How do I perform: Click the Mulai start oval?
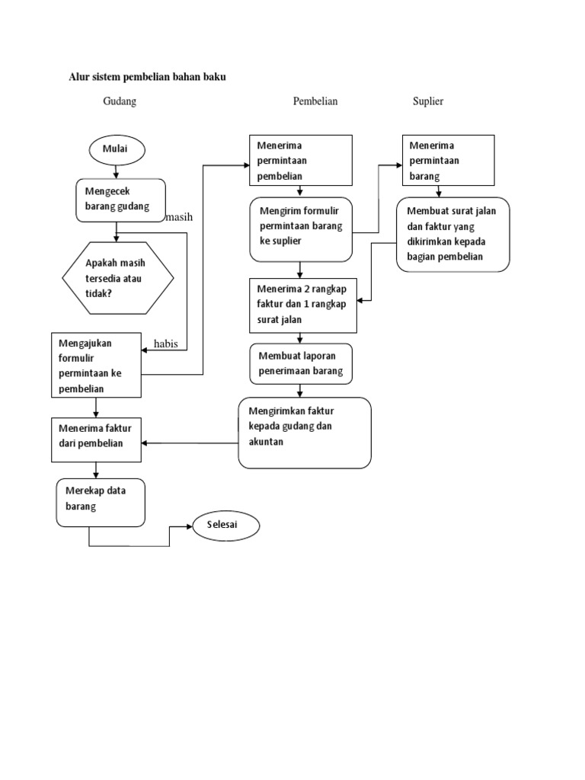coord(115,149)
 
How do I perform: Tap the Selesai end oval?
coord(225,525)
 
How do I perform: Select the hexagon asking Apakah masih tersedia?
coord(117,278)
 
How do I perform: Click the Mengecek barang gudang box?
coord(120,200)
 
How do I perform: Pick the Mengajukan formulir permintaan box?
coord(97,365)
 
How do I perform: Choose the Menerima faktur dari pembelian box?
coord(97,439)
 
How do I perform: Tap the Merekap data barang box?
coord(101,502)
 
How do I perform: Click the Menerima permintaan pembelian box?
coord(301,160)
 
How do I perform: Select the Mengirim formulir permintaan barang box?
coord(302,229)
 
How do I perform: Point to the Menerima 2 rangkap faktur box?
coord(303,305)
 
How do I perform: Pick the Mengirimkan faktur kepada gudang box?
coord(305,432)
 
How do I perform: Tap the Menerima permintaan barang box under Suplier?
coord(449,160)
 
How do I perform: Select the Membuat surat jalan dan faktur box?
coord(452,234)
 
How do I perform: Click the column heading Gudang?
coord(120,101)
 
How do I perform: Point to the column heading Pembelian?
coord(315,101)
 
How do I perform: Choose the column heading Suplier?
coord(428,101)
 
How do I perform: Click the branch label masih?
coord(179,217)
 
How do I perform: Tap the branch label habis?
coord(166,344)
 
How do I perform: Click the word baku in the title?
coord(216,76)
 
